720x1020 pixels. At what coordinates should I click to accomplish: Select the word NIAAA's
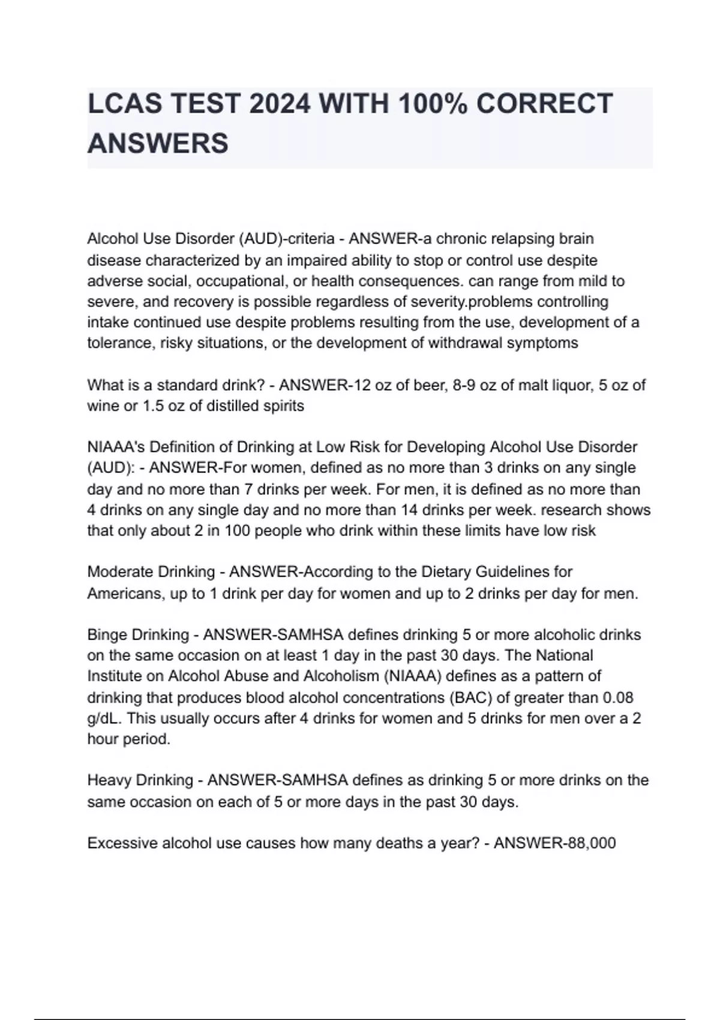(115, 447)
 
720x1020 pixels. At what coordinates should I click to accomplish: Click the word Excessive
(122, 843)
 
